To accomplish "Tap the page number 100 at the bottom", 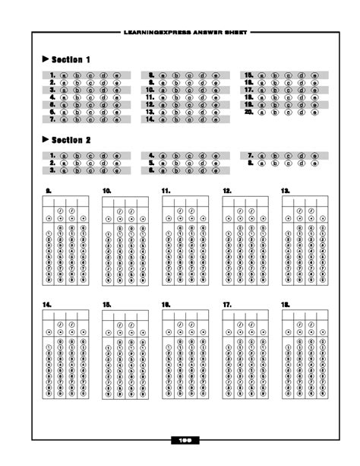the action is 183,439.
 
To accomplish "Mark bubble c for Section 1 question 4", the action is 90,98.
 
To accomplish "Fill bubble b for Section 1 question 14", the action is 175,119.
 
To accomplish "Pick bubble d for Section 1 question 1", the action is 103,76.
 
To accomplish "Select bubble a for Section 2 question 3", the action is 64,170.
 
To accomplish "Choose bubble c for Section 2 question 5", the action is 189,163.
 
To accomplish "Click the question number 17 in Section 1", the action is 248,90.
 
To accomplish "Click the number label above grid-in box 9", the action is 48,189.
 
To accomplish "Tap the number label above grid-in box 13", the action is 286,189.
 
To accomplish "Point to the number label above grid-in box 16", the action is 166,304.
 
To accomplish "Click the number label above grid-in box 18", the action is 286,304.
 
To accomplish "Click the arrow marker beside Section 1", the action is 46,59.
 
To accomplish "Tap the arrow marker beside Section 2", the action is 46,140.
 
